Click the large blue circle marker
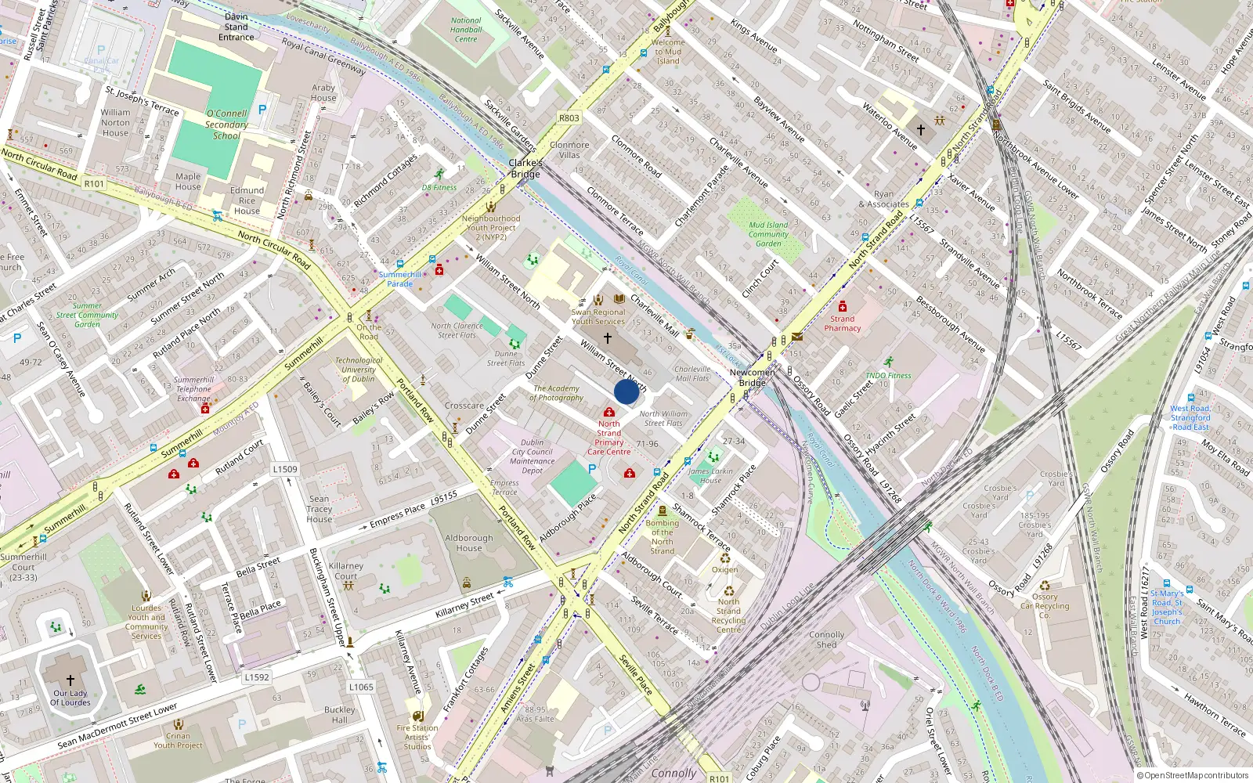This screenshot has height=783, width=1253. pos(626,391)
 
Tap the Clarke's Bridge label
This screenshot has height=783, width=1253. pos(525,168)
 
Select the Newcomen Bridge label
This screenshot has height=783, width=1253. pos(752,377)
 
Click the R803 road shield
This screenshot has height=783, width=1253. pos(569,118)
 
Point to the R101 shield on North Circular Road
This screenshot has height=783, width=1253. pos(94,184)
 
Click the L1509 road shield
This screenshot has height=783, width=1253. pos(285,469)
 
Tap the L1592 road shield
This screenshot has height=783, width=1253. pos(257,677)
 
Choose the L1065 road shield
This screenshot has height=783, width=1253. pos(361,687)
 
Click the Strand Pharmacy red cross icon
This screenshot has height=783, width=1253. pos(843,306)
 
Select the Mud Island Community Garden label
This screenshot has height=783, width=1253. pos(768,234)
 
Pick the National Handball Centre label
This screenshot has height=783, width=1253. pos(466,30)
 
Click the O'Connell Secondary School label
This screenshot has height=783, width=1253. pos(226,124)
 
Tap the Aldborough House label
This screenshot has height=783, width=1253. pos(469,543)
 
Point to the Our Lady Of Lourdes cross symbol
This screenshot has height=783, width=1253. pos(70,680)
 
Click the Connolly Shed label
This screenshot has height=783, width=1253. pos(826,640)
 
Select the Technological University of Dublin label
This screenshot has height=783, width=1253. pos(359,370)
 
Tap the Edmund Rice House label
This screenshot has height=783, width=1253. pos(247,200)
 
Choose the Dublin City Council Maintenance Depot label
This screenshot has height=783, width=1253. pos(532,456)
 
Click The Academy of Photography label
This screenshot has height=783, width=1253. pos(556,393)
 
